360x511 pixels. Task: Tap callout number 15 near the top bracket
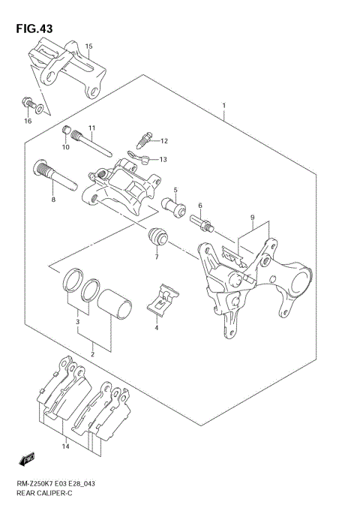click(x=88, y=47)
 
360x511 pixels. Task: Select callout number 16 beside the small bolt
click(x=28, y=120)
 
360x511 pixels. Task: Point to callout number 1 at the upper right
click(x=223, y=106)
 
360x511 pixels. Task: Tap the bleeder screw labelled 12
click(x=145, y=139)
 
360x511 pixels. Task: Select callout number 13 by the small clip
click(x=163, y=159)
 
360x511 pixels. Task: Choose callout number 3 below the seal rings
click(x=76, y=323)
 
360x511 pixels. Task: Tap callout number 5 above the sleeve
click(x=175, y=190)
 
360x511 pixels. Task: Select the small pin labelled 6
click(x=202, y=221)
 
